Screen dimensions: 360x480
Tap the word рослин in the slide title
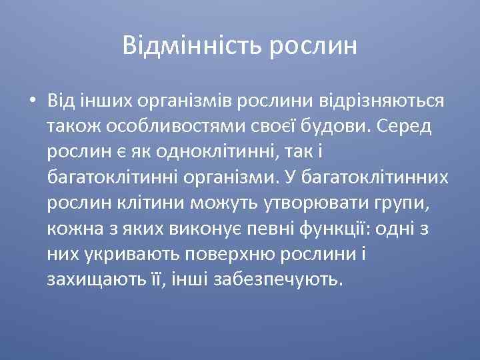(x=314, y=46)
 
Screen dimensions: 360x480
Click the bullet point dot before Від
(x=32, y=101)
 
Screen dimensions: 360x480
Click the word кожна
(x=71, y=229)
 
